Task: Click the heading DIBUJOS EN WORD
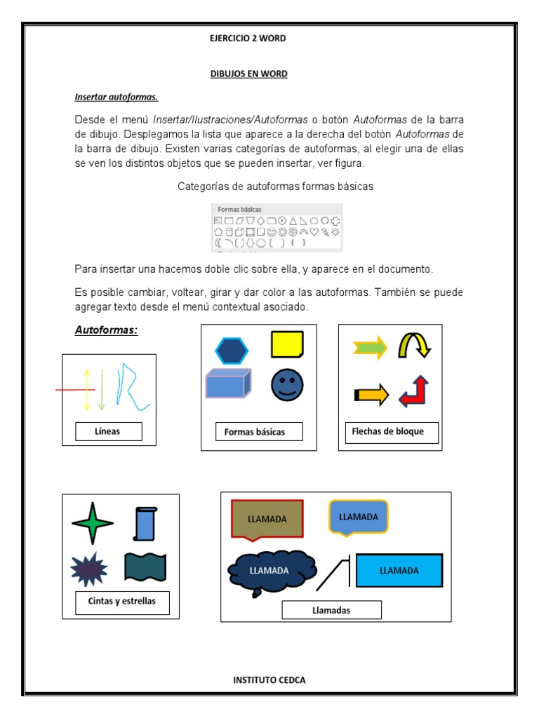(248, 74)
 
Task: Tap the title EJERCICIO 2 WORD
(248, 39)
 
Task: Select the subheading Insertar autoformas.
(117, 97)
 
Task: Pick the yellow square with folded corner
(287, 344)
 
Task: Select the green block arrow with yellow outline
(371, 347)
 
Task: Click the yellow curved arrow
(413, 346)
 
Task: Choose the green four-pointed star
(92, 522)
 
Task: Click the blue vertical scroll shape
(145, 523)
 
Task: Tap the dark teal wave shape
(145, 567)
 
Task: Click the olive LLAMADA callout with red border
(267, 520)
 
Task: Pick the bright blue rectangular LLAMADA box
(399, 570)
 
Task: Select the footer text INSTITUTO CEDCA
(269, 679)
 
